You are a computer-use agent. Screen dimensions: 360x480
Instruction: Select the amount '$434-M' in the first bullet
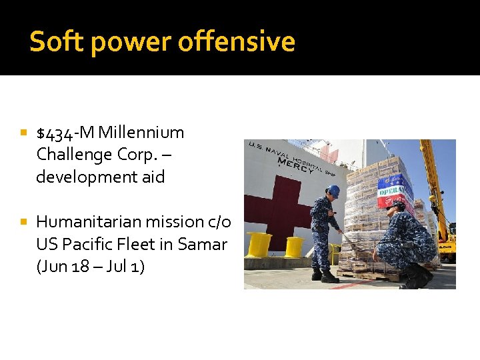tap(65, 133)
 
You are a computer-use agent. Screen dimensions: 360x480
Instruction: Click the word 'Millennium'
tap(141, 133)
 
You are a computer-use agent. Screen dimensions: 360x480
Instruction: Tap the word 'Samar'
tap(203, 245)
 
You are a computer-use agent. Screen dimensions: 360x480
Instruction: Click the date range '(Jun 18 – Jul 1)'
tap(91, 267)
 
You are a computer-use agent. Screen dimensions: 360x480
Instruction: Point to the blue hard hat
tap(333, 191)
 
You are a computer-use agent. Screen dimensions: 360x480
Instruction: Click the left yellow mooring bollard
tap(259, 244)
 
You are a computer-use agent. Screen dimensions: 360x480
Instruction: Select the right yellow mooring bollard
tap(294, 246)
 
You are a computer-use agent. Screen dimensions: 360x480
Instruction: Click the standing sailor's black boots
tap(326, 275)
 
